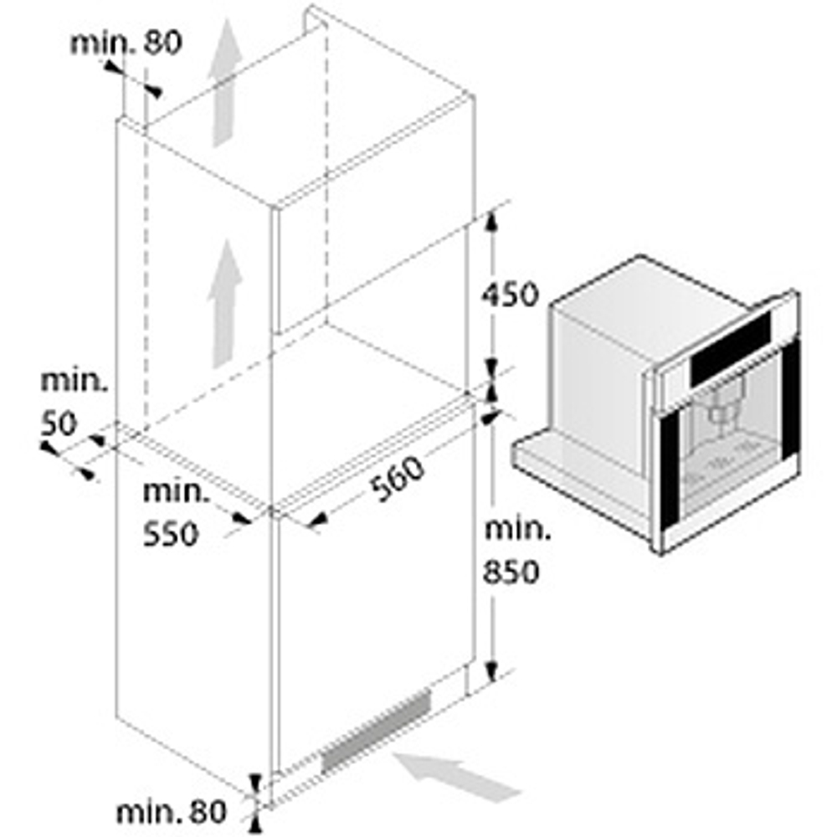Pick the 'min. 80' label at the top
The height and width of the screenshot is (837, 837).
pyautogui.click(x=125, y=43)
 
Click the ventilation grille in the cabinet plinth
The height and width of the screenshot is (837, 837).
pyautogui.click(x=376, y=728)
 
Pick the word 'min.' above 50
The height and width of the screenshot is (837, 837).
pyautogui.click(x=74, y=382)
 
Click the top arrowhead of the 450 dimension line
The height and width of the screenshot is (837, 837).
pyautogui.click(x=492, y=221)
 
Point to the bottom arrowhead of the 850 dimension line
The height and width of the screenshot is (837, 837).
pyautogui.click(x=492, y=670)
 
